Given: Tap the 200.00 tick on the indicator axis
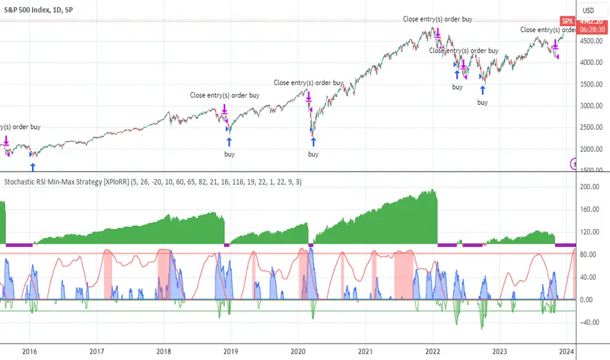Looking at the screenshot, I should [592, 187].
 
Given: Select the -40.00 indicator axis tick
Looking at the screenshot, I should [592, 321].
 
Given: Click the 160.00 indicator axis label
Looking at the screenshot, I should [592, 209].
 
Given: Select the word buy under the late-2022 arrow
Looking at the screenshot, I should [482, 102].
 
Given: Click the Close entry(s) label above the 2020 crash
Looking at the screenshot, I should [308, 83].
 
